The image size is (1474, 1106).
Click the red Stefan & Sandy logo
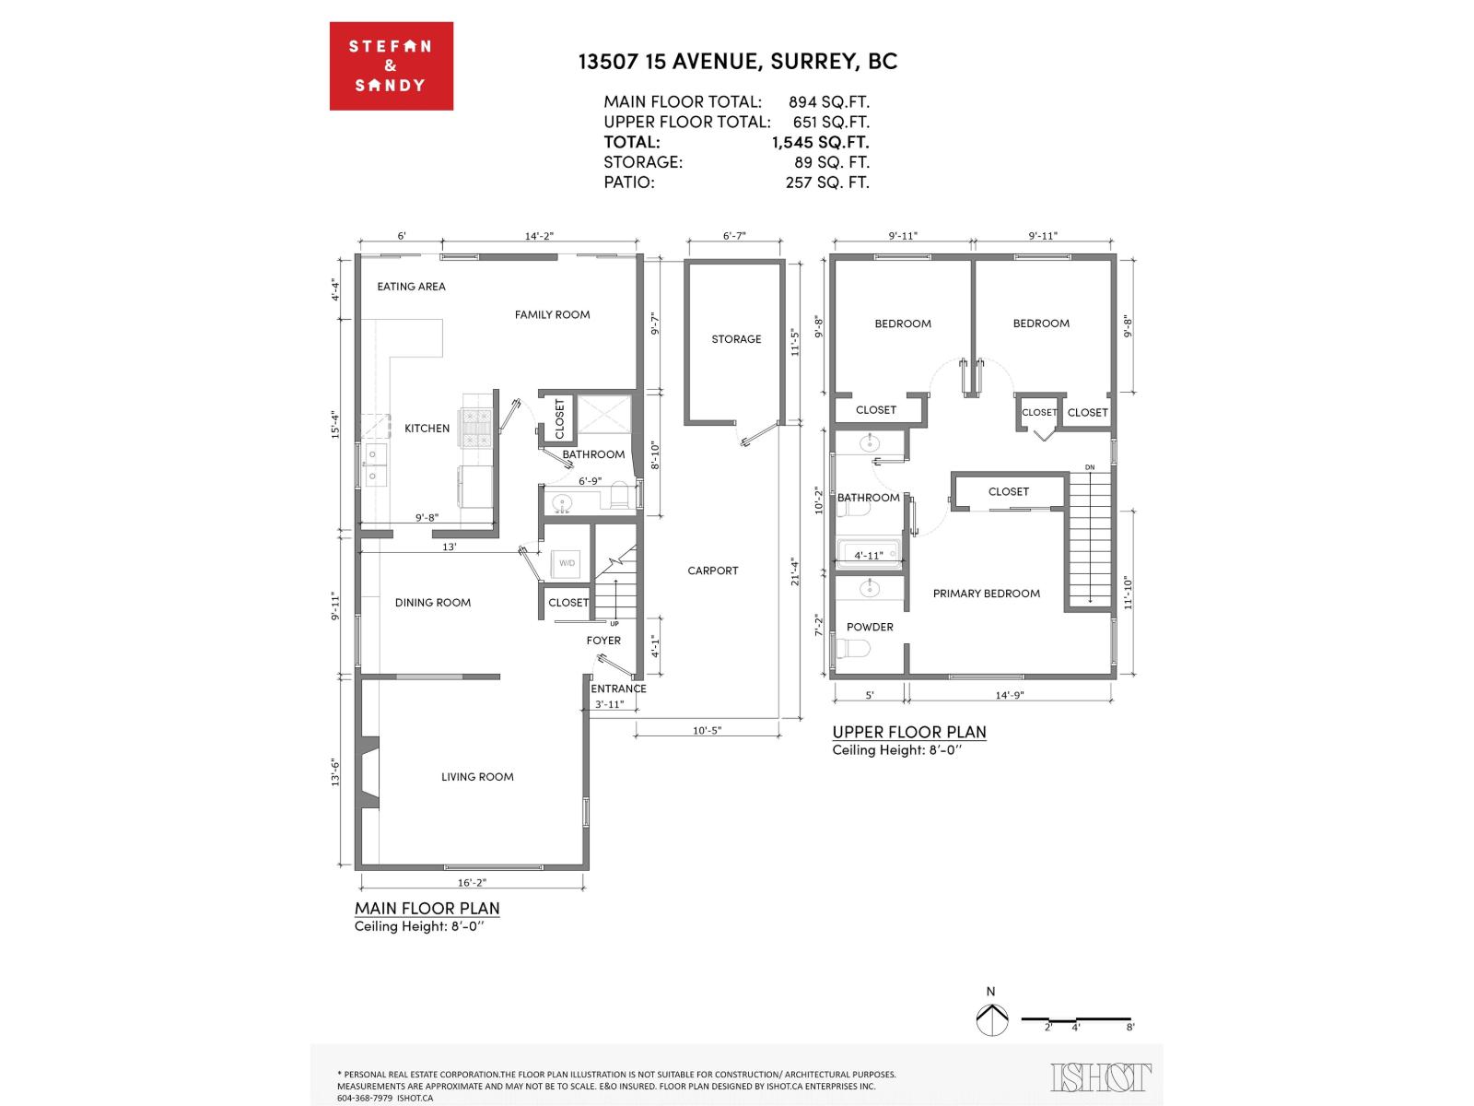[x=391, y=66]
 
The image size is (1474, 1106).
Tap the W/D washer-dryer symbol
[x=567, y=563]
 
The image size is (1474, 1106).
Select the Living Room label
[x=477, y=777]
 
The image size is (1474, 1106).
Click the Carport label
[x=713, y=571]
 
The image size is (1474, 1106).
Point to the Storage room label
[x=736, y=339]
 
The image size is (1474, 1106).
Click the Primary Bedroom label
[x=986, y=594]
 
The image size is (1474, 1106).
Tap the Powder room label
[x=870, y=627]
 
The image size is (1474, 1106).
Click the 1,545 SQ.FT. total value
[x=820, y=142]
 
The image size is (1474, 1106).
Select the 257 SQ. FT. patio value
[x=826, y=182]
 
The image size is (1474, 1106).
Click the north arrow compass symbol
[x=990, y=1018]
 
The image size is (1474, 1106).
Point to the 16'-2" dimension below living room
[x=472, y=882]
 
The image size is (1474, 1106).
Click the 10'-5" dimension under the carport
[x=707, y=731]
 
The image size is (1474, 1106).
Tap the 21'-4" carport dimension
[x=793, y=571]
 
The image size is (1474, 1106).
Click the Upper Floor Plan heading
[x=908, y=732]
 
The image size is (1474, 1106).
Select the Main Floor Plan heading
[x=427, y=908]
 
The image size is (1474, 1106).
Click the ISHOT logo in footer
[x=1100, y=1077]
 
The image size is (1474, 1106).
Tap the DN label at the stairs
[x=1090, y=467]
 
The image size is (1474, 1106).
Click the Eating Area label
[x=411, y=287]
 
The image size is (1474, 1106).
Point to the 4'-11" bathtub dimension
[x=868, y=556]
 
